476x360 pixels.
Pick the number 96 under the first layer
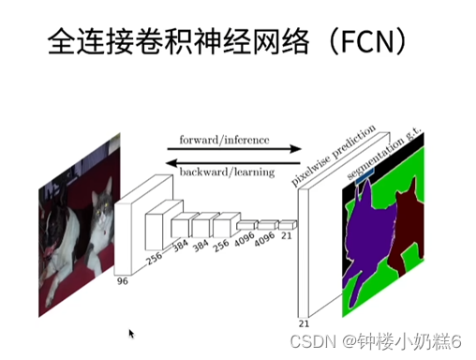click(122, 280)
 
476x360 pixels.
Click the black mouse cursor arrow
click(131, 333)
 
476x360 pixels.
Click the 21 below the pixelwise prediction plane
click(303, 322)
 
